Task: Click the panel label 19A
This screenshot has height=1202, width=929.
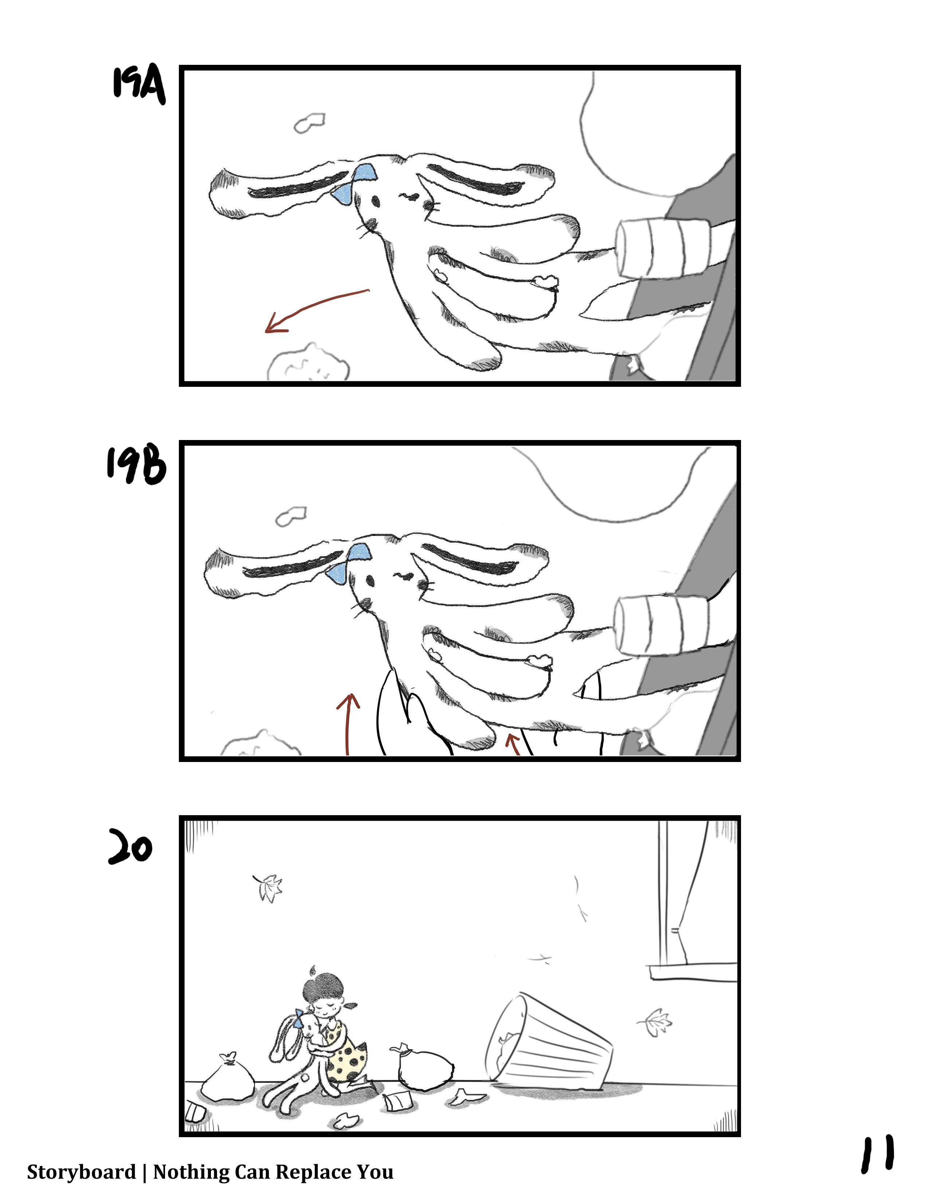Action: click(139, 85)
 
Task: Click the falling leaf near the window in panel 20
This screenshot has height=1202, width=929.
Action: click(655, 1022)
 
